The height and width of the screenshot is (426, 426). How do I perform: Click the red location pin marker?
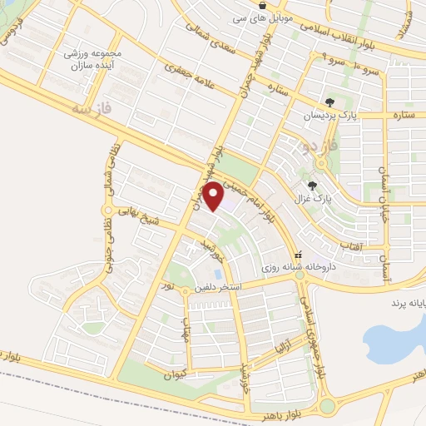pos(213,196)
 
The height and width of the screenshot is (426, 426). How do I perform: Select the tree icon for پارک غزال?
pos(312,186)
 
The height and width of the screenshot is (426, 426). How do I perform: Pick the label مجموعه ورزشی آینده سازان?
pos(93,59)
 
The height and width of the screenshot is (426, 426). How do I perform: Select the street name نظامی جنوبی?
pos(109,240)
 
